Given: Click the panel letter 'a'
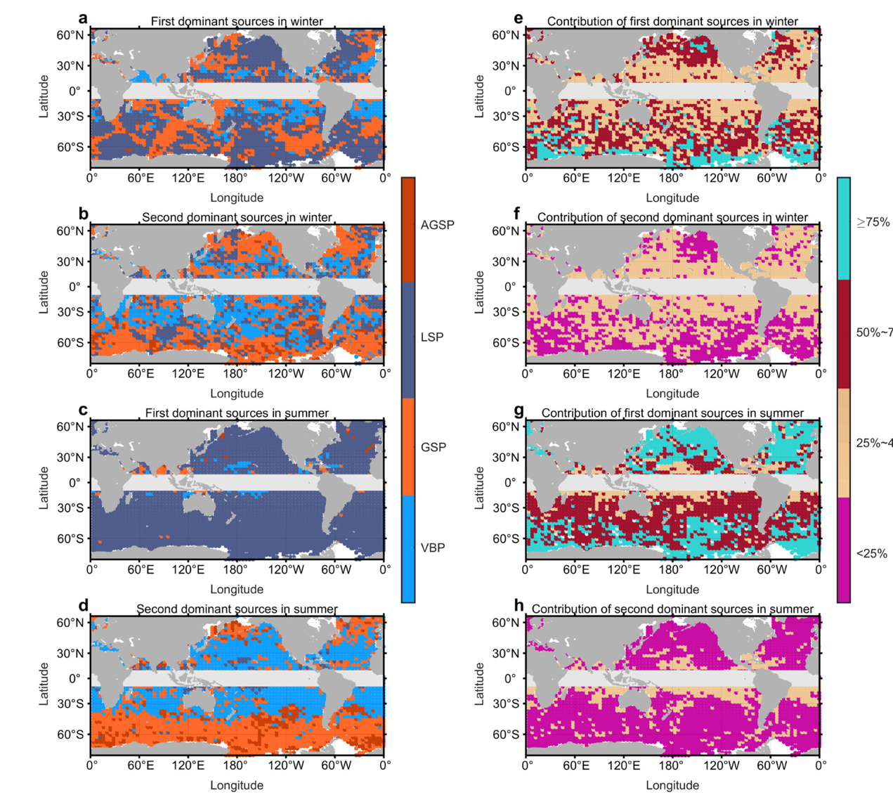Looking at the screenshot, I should tap(84, 17).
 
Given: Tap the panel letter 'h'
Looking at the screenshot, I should tap(519, 605).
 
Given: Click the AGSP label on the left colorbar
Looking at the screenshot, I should tap(437, 225).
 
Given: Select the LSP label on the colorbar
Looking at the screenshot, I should tap(432, 337).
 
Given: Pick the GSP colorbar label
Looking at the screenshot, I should tap(433, 447).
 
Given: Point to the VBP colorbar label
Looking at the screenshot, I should tap(433, 547).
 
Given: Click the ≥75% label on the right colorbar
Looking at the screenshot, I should tap(873, 223).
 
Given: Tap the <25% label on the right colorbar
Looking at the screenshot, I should tap(871, 553).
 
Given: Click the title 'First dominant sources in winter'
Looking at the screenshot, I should tap(237, 22).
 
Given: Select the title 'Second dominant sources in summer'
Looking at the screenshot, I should tap(237, 609).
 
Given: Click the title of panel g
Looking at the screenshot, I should tap(672, 413).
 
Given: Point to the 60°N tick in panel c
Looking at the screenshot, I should tap(70, 427).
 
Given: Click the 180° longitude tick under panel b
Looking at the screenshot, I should tap(235, 374).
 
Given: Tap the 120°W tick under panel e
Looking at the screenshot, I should tap(722, 178).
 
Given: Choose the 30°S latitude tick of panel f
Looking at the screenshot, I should tap(505, 312).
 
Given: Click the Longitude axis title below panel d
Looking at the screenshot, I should tap(237, 785).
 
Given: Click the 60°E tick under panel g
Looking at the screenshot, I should tap(575, 569).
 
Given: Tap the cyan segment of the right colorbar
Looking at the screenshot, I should tap(843, 228).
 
